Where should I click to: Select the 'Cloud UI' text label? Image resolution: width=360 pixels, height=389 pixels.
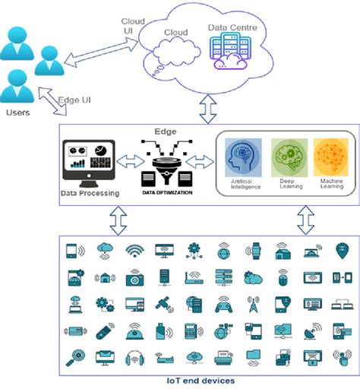(128, 24)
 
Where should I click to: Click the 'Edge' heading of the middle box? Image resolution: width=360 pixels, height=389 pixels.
(166, 131)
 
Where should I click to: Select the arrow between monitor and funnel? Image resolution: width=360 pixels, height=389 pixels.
(127, 162)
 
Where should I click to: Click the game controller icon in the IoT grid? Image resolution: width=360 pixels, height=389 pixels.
(223, 304)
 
